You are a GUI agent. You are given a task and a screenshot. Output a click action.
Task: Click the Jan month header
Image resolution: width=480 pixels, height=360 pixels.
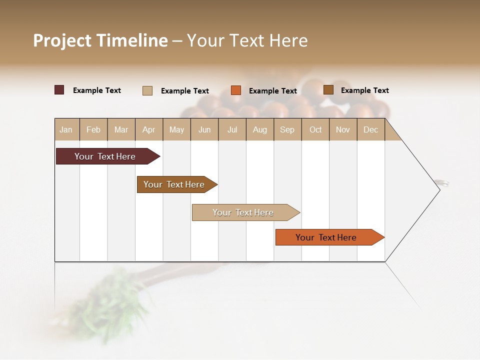tap(66, 129)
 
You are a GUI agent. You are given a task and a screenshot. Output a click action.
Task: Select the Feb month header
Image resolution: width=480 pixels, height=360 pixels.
tap(93, 129)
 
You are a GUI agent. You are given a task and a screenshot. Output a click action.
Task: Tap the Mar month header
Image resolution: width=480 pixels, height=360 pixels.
tap(121, 129)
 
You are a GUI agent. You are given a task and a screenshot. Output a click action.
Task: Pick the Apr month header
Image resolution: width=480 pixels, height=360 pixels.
tap(149, 129)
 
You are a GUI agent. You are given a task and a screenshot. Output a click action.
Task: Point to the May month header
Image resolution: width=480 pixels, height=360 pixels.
tap(176, 129)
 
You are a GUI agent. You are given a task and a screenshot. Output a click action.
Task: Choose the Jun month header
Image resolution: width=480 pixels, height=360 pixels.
tap(204, 129)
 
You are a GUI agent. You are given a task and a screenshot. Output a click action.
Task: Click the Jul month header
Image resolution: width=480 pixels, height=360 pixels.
tap(232, 129)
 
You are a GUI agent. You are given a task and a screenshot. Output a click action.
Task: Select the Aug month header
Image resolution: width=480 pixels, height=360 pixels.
tap(260, 129)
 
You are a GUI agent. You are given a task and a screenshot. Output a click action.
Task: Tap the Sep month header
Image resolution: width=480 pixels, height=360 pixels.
tap(287, 129)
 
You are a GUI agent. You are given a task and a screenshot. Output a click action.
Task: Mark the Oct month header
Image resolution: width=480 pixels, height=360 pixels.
tap(315, 129)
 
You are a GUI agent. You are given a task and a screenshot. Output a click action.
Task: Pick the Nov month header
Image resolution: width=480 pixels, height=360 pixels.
tap(343, 129)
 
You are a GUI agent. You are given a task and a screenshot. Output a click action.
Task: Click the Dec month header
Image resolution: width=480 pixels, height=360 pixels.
tap(371, 129)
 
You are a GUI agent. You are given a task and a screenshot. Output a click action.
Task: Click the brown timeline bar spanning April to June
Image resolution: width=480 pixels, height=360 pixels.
tap(175, 184)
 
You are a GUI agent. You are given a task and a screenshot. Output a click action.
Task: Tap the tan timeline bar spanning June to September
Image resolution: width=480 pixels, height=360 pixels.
tap(244, 212)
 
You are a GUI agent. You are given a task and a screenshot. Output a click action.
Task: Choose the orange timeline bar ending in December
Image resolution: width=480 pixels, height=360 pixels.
tap(327, 237)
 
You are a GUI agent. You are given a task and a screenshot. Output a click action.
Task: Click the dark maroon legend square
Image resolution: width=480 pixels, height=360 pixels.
tap(59, 90)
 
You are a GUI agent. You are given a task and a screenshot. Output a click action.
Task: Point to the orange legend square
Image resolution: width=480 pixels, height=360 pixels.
tap(236, 90)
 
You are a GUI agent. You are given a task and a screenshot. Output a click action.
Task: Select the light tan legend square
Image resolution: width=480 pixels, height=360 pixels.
tap(147, 90)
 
